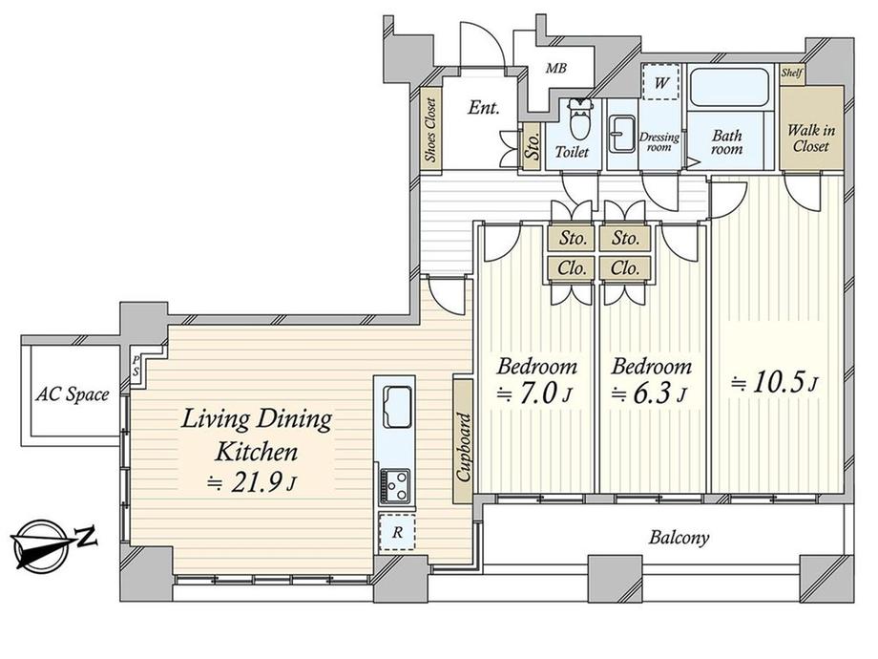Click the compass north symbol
click(54, 543)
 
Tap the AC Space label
click(72, 394)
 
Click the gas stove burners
click(395, 485)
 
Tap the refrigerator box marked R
click(397, 532)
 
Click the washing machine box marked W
click(660, 82)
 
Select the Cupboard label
click(463, 447)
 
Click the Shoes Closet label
click(430, 131)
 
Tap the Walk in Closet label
click(811, 138)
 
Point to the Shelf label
click(792, 73)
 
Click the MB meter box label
click(556, 69)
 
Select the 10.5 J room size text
click(775, 383)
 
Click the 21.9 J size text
click(251, 483)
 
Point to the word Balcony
click(679, 538)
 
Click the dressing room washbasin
click(622, 134)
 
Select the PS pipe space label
click(136, 366)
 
